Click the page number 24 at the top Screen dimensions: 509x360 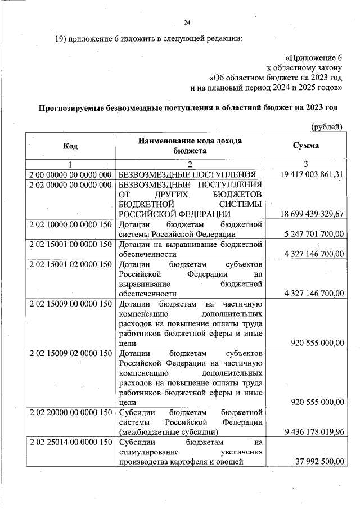point(187,22)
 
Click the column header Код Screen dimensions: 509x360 point(70,146)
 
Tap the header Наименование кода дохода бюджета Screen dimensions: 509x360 point(190,146)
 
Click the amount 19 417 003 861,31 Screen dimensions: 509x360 point(311,174)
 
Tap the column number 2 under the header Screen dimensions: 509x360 point(190,164)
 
